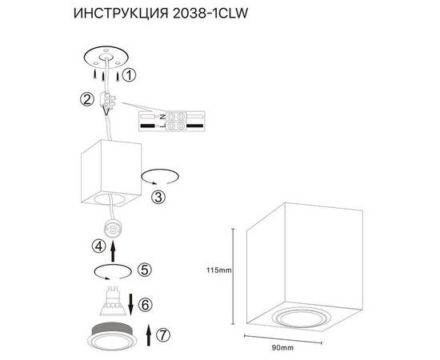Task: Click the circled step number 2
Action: point(86,99)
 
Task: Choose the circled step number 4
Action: point(98,248)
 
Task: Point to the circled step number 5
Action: point(144,270)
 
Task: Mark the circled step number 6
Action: point(146,304)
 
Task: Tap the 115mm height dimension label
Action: point(218,270)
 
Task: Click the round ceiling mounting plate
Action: point(106,58)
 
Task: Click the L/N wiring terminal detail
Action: point(171,121)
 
